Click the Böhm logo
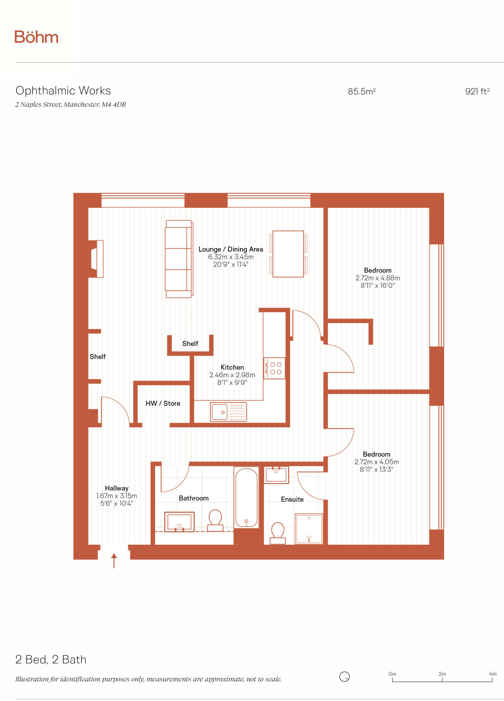point(36,37)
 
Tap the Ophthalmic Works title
point(63,91)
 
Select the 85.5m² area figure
point(362,91)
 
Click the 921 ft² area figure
point(477,91)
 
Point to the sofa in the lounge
point(178,259)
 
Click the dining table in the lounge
point(288,254)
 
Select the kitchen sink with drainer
point(228,412)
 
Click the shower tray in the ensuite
point(309,529)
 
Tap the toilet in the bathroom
point(215,521)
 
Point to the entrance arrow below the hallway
point(114,560)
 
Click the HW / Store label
point(163,404)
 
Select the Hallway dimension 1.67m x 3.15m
point(117,496)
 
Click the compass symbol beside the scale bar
point(344,677)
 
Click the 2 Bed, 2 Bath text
point(51,660)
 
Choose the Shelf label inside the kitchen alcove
point(190,344)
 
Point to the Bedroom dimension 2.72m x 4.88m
point(377,278)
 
